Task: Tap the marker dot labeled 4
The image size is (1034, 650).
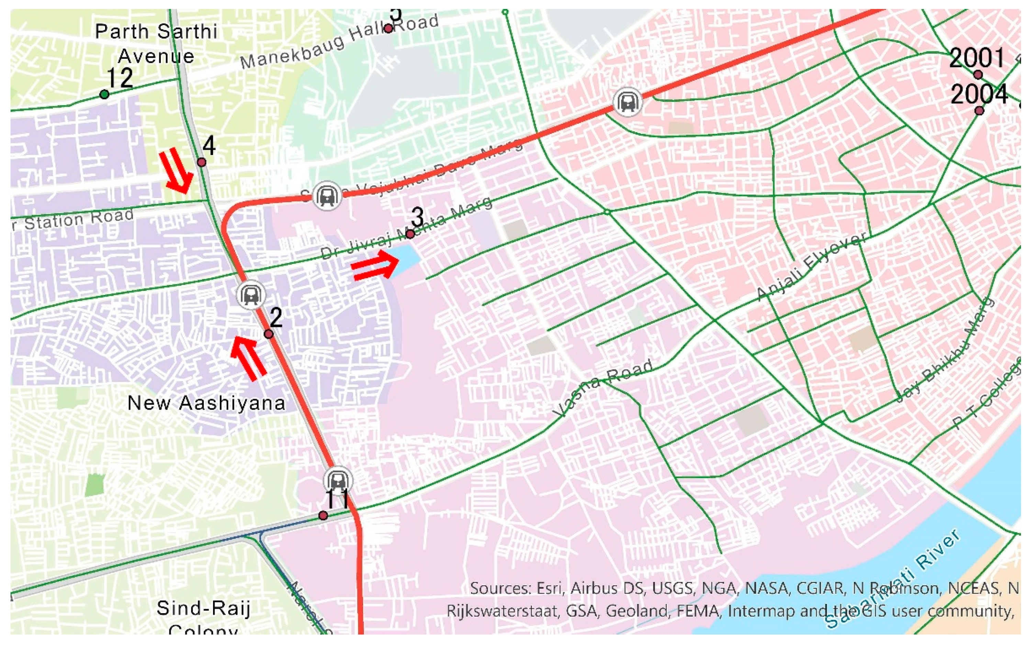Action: (201, 162)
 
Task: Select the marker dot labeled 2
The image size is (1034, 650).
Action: (268, 334)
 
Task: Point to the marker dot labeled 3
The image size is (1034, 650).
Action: (410, 234)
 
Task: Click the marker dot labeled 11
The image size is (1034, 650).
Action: (323, 515)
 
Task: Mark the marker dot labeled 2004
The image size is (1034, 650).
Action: (979, 110)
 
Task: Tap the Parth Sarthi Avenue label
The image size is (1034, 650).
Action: (156, 44)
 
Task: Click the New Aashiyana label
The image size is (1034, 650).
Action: (206, 403)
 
